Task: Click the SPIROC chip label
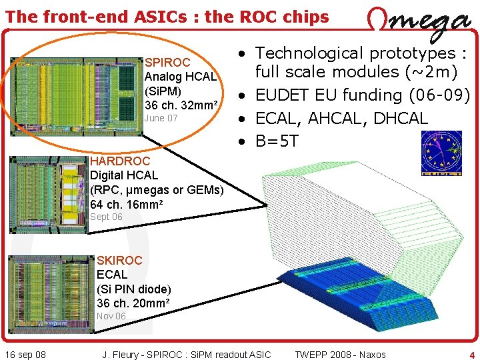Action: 167,63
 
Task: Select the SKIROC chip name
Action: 120,260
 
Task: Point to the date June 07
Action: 161,119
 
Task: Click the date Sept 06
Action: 106,217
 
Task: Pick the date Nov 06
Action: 111,316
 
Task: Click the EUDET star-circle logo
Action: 441,153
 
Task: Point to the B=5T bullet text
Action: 277,141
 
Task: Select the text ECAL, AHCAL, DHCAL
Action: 341,119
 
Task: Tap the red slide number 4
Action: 471,355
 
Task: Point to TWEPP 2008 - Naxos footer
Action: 340,355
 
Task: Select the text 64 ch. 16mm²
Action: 126,204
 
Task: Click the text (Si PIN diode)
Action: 134,289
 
